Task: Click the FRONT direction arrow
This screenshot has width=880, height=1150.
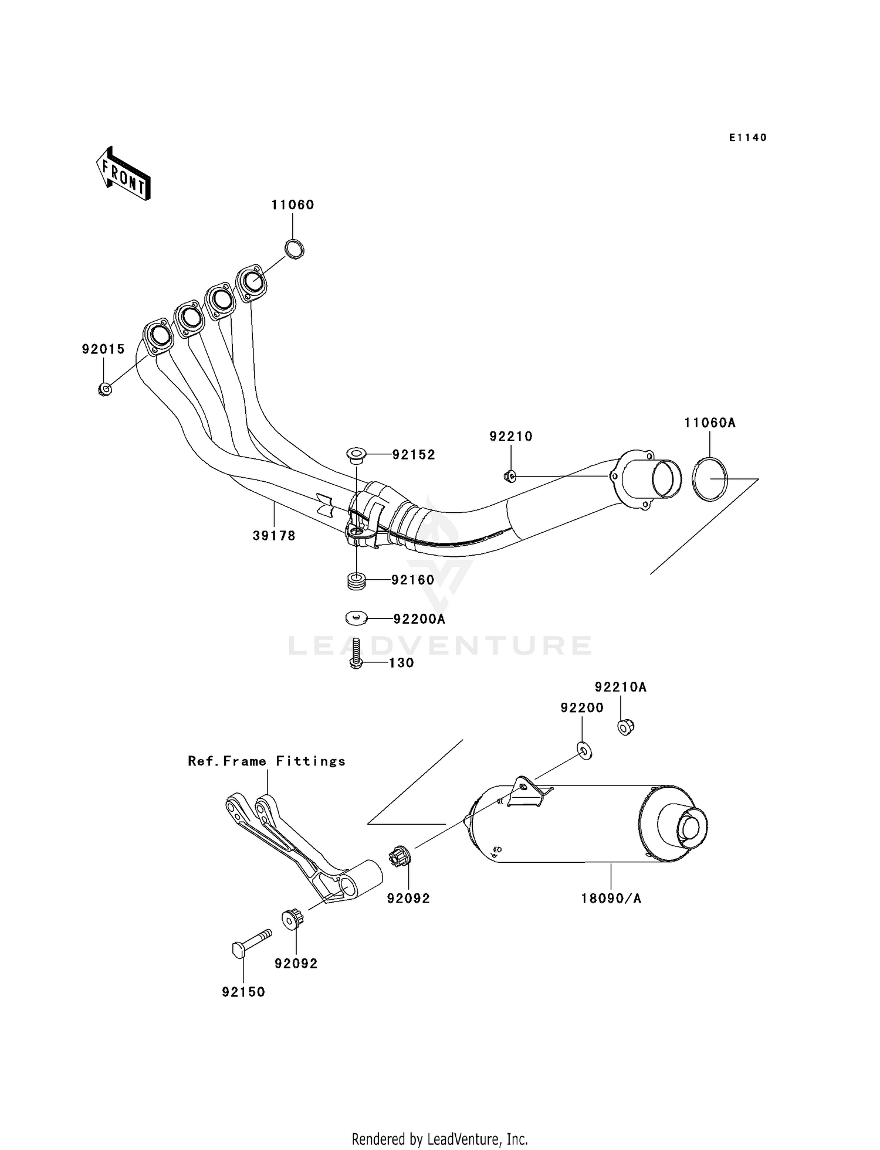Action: click(x=123, y=174)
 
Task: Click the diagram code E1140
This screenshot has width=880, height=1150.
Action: click(x=748, y=138)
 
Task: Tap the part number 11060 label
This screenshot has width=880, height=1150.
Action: click(x=293, y=205)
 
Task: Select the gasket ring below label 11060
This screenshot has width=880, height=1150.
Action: click(x=295, y=249)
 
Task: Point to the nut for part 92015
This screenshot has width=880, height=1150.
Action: click(x=104, y=389)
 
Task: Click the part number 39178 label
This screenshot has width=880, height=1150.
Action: click(x=274, y=535)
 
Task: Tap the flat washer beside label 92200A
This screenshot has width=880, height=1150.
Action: click(x=356, y=618)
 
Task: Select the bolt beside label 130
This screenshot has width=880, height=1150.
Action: click(x=356, y=654)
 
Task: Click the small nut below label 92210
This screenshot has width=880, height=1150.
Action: click(x=509, y=477)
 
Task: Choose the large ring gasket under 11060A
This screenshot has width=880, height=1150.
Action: click(x=710, y=479)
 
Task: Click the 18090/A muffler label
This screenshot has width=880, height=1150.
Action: click(x=611, y=899)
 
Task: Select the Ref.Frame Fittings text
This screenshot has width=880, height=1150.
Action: click(x=267, y=761)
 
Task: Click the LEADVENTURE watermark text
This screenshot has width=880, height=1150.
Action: click(x=440, y=645)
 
